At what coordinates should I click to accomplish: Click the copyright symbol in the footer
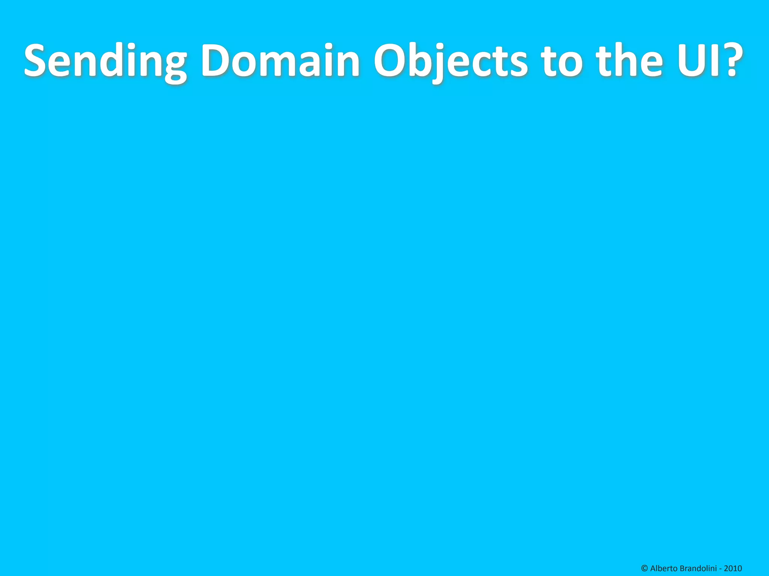tap(645, 568)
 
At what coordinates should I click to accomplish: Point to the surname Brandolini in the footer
tap(698, 568)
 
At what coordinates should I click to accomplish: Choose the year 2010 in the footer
tap(733, 568)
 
